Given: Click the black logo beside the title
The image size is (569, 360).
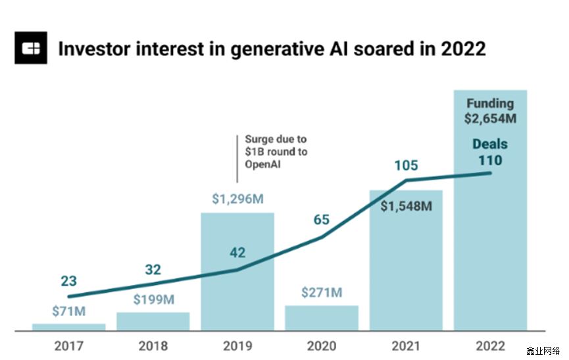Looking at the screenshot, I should point(31,49).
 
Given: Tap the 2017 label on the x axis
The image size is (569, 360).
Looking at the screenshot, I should point(68,345).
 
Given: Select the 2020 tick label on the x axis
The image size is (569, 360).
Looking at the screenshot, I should point(321,345).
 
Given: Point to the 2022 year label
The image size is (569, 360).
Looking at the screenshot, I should point(490,345).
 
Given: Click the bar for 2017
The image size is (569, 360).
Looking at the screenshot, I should point(68,326).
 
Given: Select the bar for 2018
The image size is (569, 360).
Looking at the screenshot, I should point(153,321).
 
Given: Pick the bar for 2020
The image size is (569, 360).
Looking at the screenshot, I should point(321,318).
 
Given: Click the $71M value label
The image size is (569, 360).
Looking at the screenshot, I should point(68,311).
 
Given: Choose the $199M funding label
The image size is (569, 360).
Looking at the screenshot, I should point(153,300).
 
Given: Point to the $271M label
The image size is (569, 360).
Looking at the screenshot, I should point(321,292).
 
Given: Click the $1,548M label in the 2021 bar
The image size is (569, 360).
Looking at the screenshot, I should point(406,206).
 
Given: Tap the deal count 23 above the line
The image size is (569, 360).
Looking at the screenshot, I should point(68,281).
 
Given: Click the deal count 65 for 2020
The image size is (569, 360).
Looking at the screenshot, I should point(321,219).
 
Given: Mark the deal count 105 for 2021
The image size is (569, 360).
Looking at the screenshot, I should point(406,165).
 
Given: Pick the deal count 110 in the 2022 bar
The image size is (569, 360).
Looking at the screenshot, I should point(490,160).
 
